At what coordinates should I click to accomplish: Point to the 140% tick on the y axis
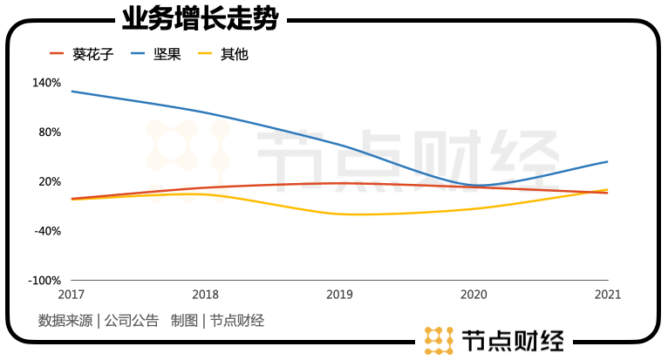click(46, 83)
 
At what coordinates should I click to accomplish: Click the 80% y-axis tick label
click(49, 132)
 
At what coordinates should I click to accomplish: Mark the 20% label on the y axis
click(49, 181)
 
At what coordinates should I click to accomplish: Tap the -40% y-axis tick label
click(47, 231)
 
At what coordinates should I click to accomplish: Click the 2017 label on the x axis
click(71, 295)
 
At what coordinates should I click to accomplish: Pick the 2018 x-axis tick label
click(205, 295)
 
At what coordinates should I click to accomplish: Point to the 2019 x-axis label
click(339, 295)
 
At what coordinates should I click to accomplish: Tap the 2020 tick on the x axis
click(474, 295)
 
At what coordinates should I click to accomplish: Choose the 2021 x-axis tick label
click(608, 295)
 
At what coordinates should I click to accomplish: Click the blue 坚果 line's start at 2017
click(72, 91)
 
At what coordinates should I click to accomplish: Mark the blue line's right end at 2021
click(608, 161)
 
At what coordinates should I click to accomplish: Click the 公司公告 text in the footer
click(132, 321)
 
